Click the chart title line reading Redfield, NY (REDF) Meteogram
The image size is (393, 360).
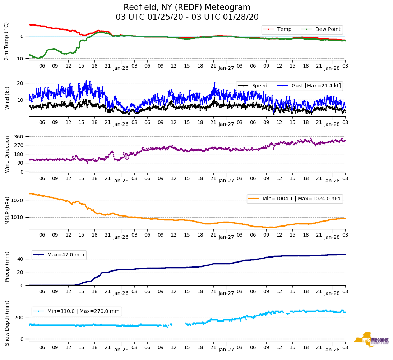click(187, 8)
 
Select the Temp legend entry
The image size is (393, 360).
click(283, 29)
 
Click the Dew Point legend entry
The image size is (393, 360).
click(328, 29)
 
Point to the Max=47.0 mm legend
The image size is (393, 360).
click(65, 255)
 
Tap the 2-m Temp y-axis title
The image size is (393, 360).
click(6, 41)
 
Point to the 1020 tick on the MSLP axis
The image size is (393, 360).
click(18, 200)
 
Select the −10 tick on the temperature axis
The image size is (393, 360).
click(18, 58)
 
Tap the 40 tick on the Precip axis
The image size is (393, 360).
click(21, 259)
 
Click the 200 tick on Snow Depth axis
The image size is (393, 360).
click(19, 318)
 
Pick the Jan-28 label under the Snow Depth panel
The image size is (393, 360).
click(332, 350)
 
